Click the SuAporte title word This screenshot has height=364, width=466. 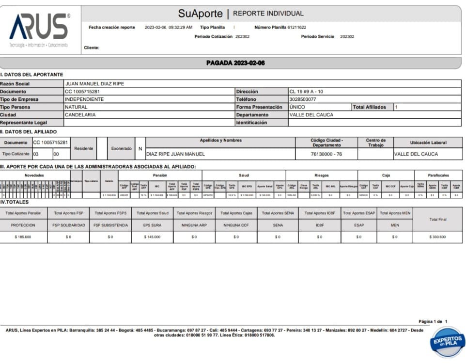click(x=200, y=14)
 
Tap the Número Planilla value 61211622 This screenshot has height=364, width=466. click(x=297, y=28)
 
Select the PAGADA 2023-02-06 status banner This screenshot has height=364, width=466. click(x=235, y=63)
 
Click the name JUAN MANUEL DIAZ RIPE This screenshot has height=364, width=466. click(x=94, y=84)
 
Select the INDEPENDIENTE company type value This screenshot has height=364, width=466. click(x=84, y=99)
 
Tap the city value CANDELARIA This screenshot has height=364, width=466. click(x=80, y=115)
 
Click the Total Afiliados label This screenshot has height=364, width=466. click(x=371, y=107)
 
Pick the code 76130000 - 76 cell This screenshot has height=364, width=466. click(x=326, y=154)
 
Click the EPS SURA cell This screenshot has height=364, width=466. click(x=152, y=225)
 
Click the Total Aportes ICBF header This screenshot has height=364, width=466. click(x=319, y=213)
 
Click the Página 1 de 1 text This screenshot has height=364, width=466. click(x=433, y=321)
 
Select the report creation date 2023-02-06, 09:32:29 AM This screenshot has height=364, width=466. click(x=169, y=28)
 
